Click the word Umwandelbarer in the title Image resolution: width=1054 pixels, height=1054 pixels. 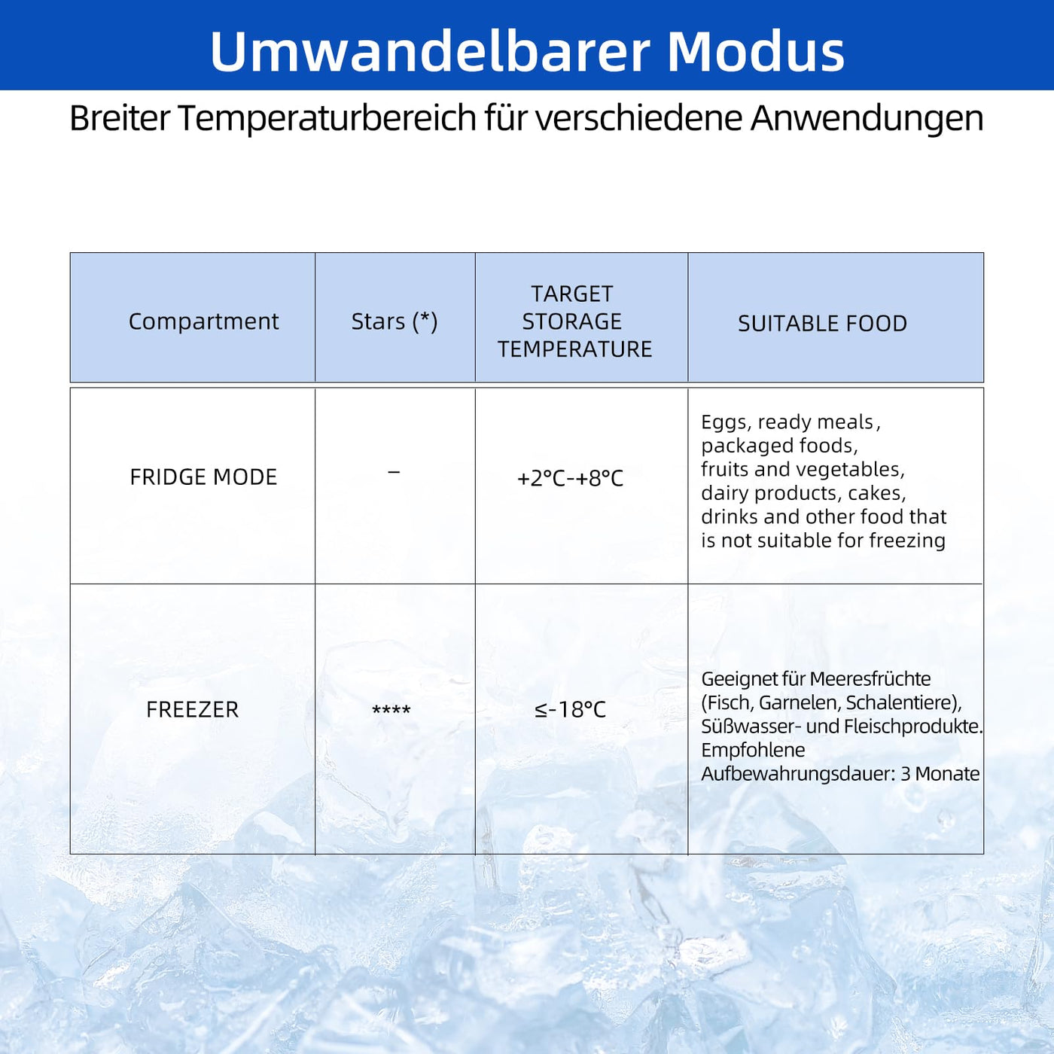tap(430, 51)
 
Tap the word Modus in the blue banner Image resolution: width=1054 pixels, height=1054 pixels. tap(756, 51)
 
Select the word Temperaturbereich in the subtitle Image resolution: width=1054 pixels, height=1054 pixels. tap(327, 119)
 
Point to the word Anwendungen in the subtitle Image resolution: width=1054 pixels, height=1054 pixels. tap(867, 119)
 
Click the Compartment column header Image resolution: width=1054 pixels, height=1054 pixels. tap(203, 321)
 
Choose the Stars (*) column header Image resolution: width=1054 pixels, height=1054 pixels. tap(394, 321)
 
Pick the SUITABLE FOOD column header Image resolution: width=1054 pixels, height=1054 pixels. tap(822, 324)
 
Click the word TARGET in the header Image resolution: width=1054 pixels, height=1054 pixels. tap(572, 294)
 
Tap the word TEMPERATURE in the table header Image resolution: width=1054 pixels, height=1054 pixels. tap(575, 349)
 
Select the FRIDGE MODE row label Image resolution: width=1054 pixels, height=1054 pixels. tap(203, 477)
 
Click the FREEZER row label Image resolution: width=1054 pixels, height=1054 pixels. tap(193, 709)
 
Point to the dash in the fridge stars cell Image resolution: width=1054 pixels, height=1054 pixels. tap(394, 471)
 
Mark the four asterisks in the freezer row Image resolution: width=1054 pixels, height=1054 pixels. tap(391, 710)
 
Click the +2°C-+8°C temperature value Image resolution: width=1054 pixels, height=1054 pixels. tap(570, 478)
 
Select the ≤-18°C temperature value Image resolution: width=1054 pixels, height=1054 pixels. tap(571, 710)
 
